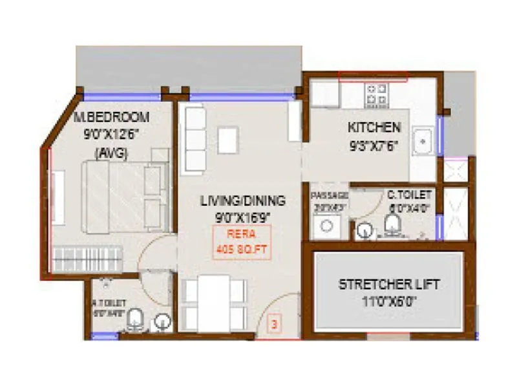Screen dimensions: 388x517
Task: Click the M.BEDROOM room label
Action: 111,117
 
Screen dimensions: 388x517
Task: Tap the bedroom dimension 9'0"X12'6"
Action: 111,136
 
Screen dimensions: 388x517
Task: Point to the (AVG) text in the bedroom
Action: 111,153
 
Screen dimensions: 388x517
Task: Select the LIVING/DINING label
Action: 242,200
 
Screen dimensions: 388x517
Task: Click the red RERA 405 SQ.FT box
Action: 242,241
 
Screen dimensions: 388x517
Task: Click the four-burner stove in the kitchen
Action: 376,94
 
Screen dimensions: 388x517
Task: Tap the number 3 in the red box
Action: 274,323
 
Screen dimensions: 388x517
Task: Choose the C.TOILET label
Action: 410,194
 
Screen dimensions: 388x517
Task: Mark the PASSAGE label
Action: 330,195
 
